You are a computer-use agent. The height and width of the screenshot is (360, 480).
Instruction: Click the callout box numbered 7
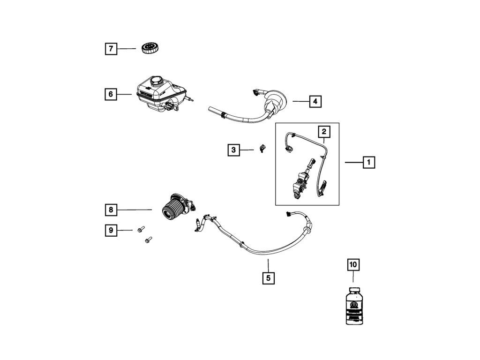111,48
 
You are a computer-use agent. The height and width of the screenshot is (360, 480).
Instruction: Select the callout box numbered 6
111,94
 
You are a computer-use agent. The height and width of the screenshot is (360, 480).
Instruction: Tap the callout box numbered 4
315,101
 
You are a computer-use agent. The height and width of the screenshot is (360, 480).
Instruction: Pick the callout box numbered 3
233,150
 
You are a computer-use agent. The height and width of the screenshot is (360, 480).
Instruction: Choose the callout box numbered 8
111,210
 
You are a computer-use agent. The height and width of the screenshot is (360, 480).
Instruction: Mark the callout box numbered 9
111,230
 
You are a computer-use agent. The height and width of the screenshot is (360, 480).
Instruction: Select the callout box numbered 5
268,278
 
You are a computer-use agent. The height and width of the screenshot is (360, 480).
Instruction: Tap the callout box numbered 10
353,265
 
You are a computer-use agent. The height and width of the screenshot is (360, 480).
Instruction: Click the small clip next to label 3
262,150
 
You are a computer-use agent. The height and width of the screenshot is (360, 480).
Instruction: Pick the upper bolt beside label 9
140,230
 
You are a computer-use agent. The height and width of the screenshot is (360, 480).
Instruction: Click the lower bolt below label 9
147,240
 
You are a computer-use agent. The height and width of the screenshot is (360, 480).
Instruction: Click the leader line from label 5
268,266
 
